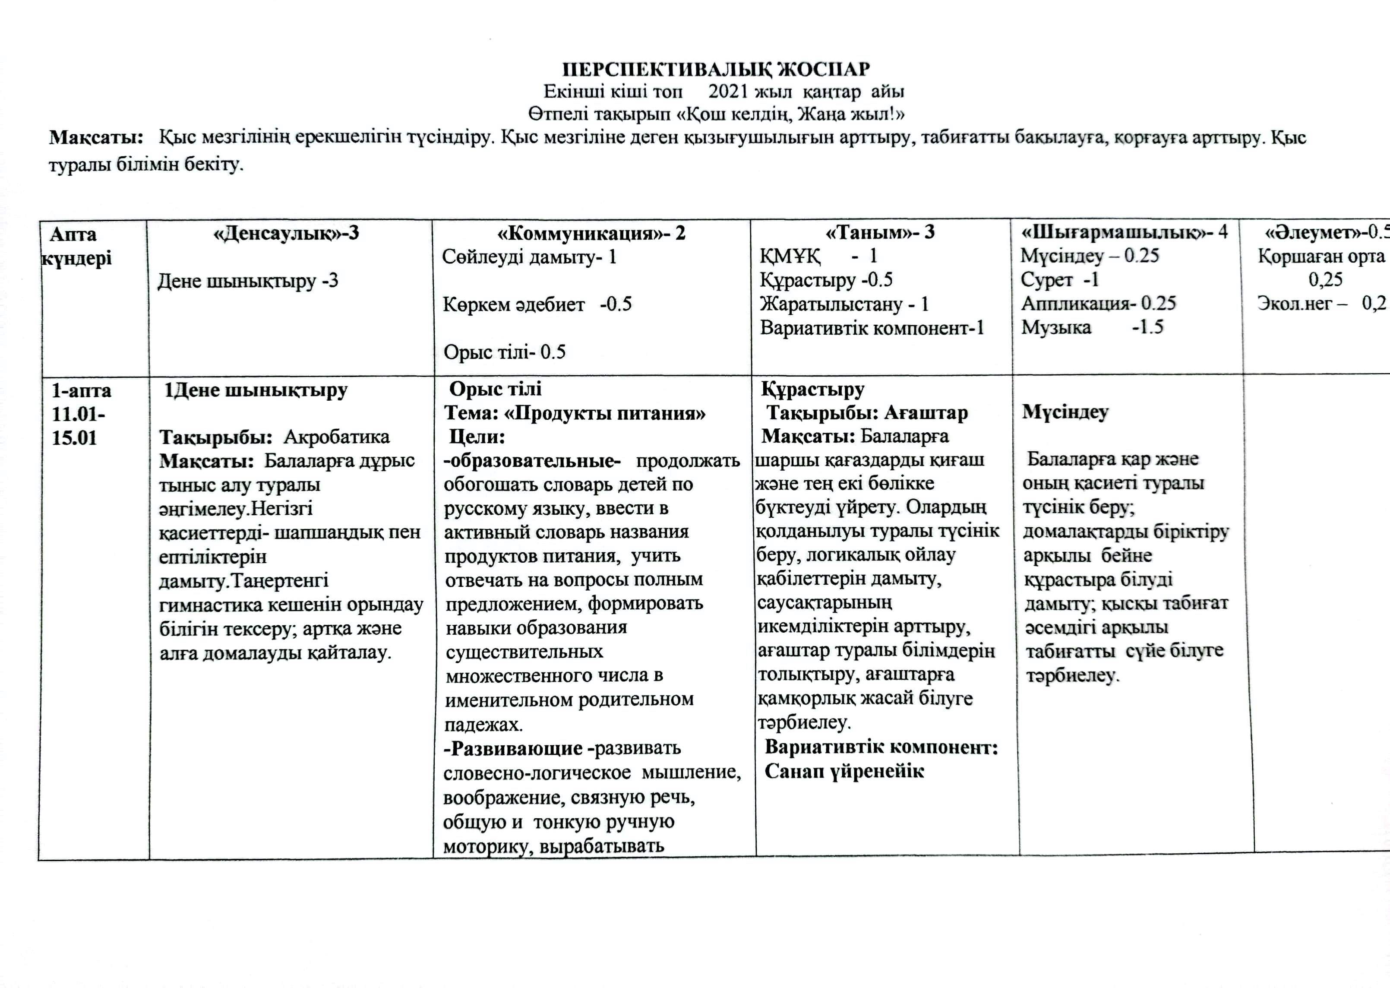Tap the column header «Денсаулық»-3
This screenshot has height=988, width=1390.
tap(286, 233)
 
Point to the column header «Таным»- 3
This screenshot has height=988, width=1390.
tap(879, 232)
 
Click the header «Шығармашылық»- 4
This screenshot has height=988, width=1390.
tap(1124, 232)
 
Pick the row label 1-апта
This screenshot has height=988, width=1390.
tap(81, 390)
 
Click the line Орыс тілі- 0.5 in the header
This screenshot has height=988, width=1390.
tap(504, 351)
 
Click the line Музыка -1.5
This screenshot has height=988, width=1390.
tap(1091, 327)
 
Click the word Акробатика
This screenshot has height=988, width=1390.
tap(336, 437)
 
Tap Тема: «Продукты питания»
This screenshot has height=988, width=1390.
tap(575, 414)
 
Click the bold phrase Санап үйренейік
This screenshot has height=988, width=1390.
tap(844, 771)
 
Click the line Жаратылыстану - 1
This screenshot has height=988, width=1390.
tap(843, 304)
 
